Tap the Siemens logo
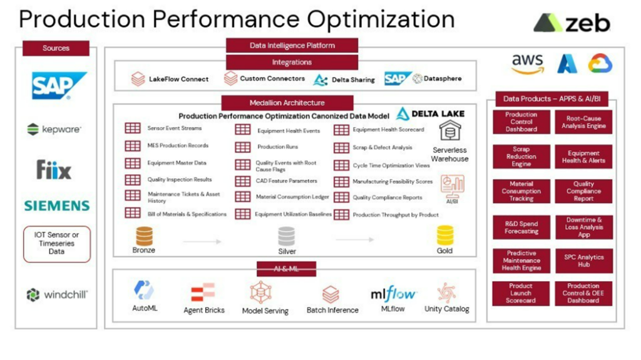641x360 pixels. (x=56, y=205)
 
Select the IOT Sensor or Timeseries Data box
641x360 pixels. (x=56, y=244)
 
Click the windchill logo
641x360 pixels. (x=57, y=295)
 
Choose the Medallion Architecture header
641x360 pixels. (x=287, y=103)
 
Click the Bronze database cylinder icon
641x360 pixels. (x=144, y=235)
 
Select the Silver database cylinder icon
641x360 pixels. (x=287, y=235)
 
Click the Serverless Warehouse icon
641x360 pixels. (x=449, y=131)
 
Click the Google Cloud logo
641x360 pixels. (x=600, y=64)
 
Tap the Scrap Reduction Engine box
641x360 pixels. (x=521, y=157)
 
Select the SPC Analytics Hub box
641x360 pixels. (x=583, y=261)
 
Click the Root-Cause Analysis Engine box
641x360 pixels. (x=583, y=122)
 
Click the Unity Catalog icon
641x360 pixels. (x=446, y=292)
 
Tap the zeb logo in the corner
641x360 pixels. (x=571, y=24)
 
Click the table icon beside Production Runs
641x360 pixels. (x=243, y=147)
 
